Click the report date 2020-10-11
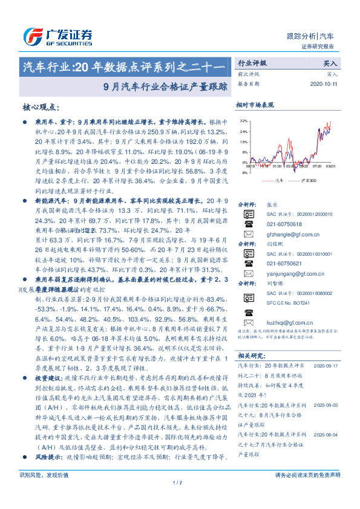click(x=325, y=84)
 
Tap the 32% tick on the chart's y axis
click(x=243, y=121)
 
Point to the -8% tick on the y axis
click(x=244, y=173)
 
